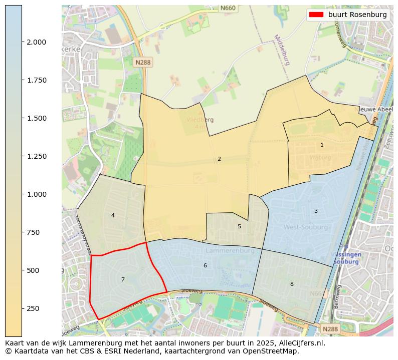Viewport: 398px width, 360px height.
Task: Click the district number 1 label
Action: [322, 145]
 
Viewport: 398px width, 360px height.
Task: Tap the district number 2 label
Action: [219, 159]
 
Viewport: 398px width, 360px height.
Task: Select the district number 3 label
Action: [316, 211]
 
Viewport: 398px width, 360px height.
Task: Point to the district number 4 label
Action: [113, 215]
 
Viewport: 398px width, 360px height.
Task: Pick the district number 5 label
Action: [239, 226]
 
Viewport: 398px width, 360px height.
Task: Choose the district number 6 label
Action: [205, 265]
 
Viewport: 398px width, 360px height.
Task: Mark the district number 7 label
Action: [123, 279]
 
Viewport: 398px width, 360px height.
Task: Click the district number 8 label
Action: [291, 284]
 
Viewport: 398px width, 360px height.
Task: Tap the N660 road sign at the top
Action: [228, 8]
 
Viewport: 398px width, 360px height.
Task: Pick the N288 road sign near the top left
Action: [143, 62]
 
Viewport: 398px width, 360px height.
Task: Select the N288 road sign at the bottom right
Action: [330, 329]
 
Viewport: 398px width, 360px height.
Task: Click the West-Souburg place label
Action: [306, 227]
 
